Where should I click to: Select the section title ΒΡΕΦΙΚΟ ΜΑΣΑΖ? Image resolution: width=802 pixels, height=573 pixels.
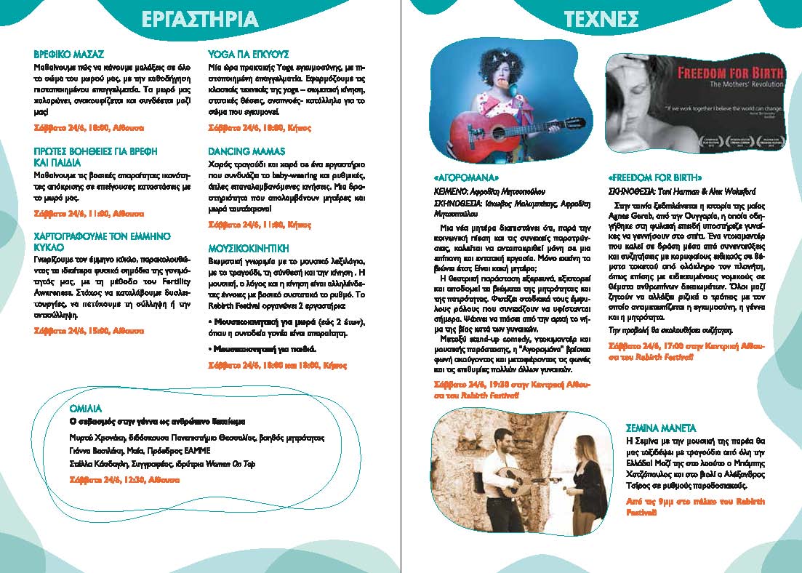pos(70,55)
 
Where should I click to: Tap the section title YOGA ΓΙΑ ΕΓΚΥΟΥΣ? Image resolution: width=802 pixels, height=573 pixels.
pos(249,55)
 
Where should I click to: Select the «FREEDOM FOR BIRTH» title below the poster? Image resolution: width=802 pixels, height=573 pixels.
pos(655,177)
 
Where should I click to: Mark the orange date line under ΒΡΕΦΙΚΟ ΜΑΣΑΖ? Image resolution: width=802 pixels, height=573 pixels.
pos(89,127)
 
